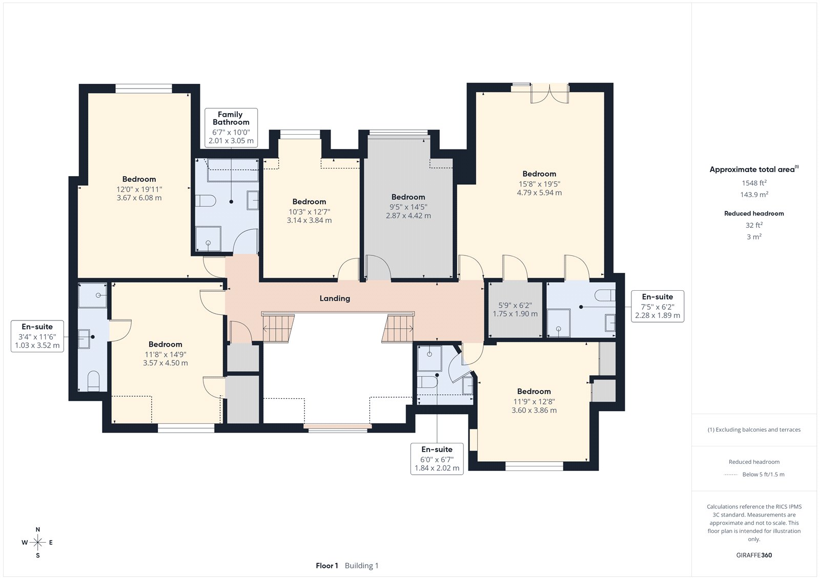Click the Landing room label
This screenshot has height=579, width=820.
click(x=335, y=298)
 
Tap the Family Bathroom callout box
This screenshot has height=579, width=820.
click(x=231, y=127)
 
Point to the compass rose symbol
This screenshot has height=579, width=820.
click(x=38, y=543)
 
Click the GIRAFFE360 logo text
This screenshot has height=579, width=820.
click(x=754, y=555)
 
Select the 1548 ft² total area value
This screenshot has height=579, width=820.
click(x=754, y=183)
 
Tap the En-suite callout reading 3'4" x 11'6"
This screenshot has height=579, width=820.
click(x=37, y=336)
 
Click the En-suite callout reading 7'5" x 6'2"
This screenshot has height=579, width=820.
click(x=658, y=306)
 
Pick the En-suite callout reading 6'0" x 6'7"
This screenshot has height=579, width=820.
click(x=437, y=459)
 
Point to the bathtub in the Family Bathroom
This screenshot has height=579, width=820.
click(x=233, y=170)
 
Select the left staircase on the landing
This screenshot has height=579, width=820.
click(x=279, y=328)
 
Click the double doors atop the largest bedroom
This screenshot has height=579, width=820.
click(x=550, y=94)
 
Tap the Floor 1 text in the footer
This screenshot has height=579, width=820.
click(x=327, y=566)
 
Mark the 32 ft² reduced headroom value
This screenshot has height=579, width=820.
click(x=754, y=225)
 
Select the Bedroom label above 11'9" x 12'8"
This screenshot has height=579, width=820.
click(x=534, y=391)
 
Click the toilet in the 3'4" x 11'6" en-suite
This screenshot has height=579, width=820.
click(x=94, y=381)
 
